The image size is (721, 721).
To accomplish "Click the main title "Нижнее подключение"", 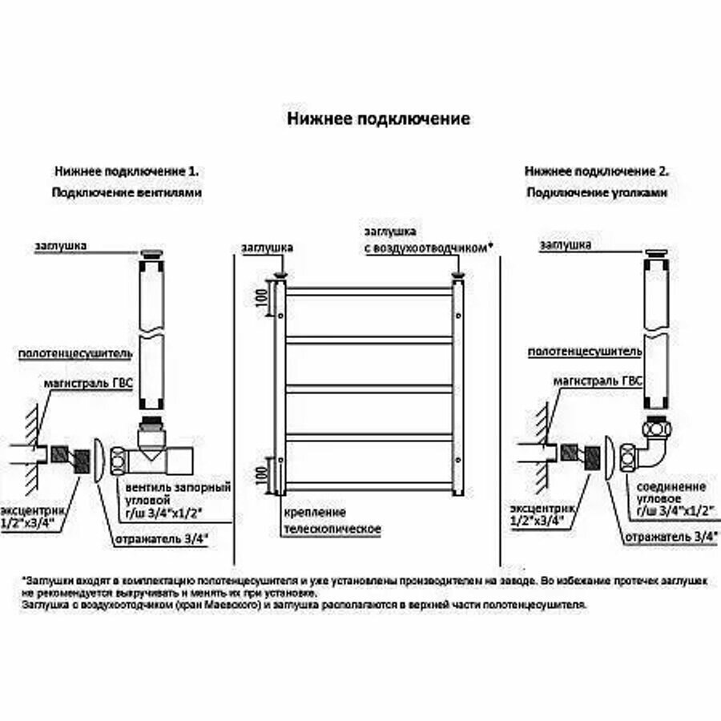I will [378, 119].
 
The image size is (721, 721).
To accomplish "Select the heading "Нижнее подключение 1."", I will [127, 171].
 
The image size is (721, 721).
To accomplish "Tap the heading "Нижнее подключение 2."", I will [597, 171].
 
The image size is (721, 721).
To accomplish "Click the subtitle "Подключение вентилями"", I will [127, 193].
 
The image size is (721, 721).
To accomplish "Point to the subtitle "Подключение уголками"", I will [597, 193].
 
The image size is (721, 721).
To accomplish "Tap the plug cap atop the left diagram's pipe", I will [152, 256].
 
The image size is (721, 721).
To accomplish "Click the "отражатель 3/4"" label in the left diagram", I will [160, 538].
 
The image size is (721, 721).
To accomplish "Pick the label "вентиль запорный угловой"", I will [175, 493].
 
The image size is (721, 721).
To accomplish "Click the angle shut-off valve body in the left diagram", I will [156, 457].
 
